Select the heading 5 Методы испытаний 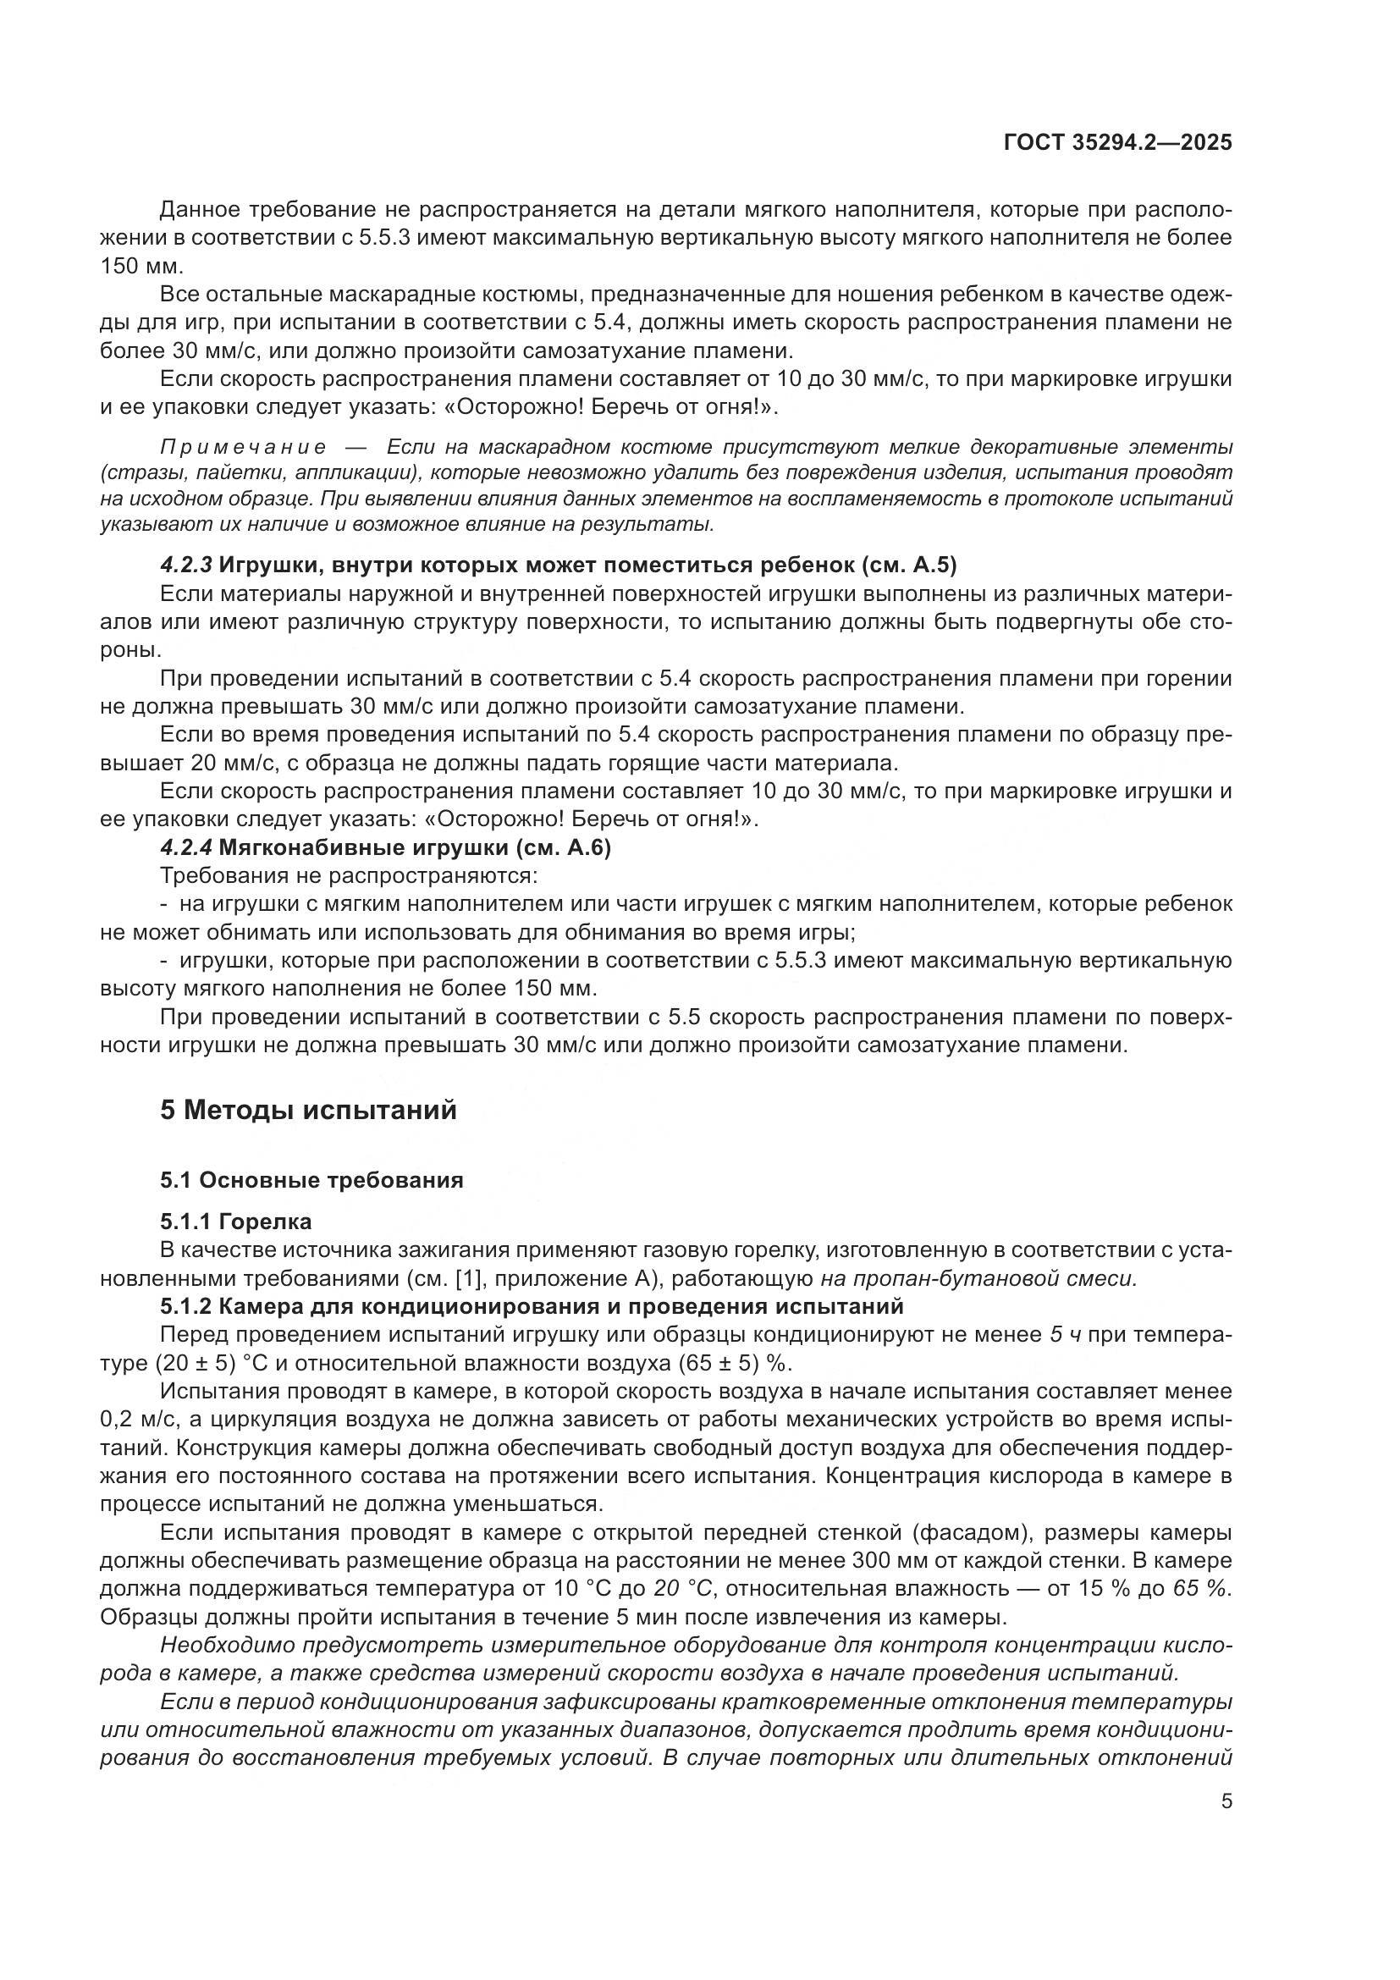click(x=308, y=1110)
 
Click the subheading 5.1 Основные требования click(x=311, y=1180)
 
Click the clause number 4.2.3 click(x=185, y=565)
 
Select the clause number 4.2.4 click(x=185, y=847)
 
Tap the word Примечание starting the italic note click(x=243, y=447)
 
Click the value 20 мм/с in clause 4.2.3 click(x=230, y=764)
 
